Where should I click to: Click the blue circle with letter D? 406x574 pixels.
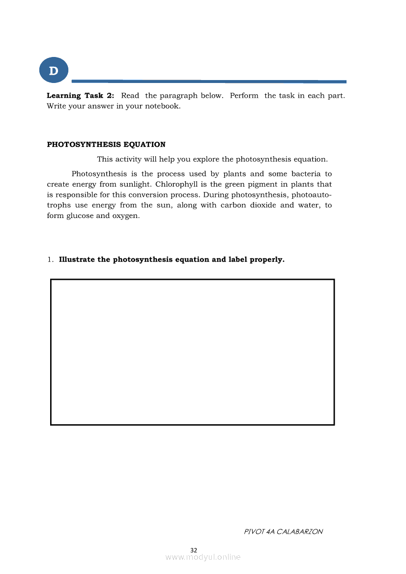point(54,71)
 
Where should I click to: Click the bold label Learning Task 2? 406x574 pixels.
point(80,96)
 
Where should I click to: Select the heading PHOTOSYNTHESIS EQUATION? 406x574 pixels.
point(106,144)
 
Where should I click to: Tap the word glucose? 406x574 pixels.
point(80,216)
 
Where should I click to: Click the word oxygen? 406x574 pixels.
point(125,216)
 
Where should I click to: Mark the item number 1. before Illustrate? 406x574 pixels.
point(51,259)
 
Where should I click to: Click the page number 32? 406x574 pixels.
point(194,549)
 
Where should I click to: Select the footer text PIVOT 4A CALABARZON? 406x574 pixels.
point(283,531)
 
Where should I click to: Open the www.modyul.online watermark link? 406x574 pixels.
point(203,557)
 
